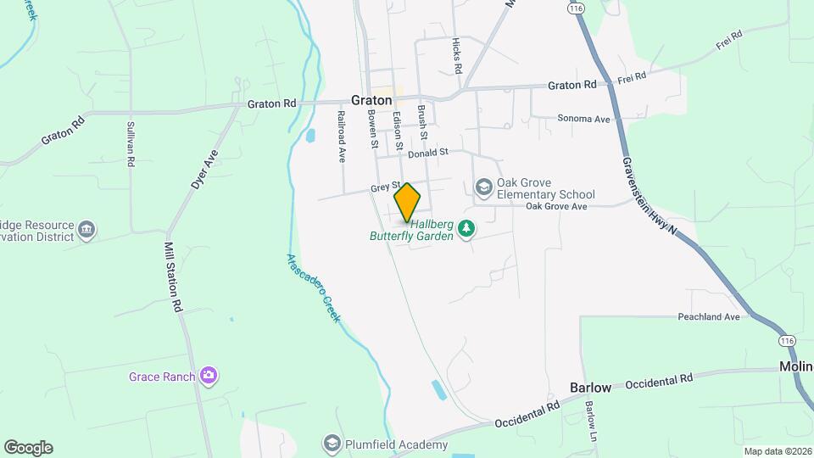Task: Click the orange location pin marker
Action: coord(407,202)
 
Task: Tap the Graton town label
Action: coord(371,99)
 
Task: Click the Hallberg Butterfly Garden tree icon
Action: coord(466,228)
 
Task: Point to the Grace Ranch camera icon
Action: coord(209,375)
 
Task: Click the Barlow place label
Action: coord(590,388)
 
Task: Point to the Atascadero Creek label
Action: coord(313,288)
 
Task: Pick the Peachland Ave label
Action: coord(709,317)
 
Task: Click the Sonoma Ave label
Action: coord(584,120)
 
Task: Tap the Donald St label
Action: coord(427,154)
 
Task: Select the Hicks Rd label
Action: coord(457,54)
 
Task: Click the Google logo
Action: coord(28,448)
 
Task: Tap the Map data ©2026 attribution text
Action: coord(777,451)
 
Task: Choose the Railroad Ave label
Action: coord(342,137)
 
